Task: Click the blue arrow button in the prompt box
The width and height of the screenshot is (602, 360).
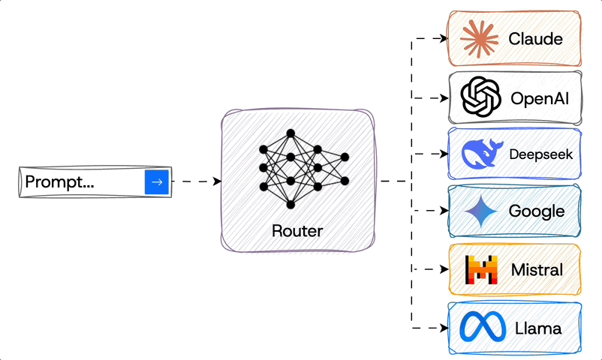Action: click(x=157, y=181)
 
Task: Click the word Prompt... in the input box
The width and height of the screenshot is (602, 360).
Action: click(x=59, y=181)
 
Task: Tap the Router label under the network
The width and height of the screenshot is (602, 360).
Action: click(x=297, y=230)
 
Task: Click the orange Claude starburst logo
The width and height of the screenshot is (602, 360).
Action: click(x=480, y=39)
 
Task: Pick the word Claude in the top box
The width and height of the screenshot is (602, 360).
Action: click(x=535, y=39)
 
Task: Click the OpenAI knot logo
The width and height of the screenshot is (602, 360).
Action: click(x=480, y=98)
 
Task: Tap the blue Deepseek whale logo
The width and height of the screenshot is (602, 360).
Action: click(x=479, y=154)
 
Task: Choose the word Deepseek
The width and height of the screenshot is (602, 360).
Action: click(x=540, y=155)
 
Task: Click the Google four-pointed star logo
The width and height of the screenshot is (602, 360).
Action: click(x=481, y=211)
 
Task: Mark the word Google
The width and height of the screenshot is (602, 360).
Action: click(x=537, y=211)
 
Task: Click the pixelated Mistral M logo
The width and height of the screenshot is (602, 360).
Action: click(x=481, y=269)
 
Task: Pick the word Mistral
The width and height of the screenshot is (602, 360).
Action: click(x=537, y=269)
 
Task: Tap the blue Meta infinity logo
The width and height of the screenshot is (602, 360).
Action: click(x=480, y=328)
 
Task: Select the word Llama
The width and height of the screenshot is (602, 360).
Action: click(x=538, y=328)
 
